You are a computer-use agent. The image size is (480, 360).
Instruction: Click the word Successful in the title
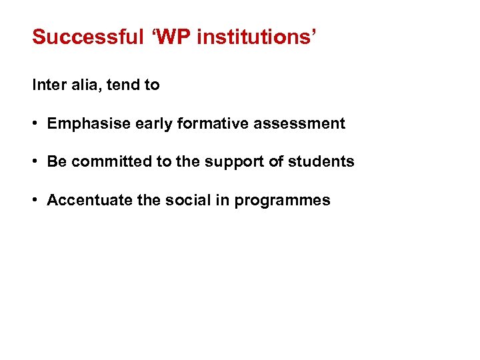87,37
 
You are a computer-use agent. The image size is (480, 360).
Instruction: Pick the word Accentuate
89,201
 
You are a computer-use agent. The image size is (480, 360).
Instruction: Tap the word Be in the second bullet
57,162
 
